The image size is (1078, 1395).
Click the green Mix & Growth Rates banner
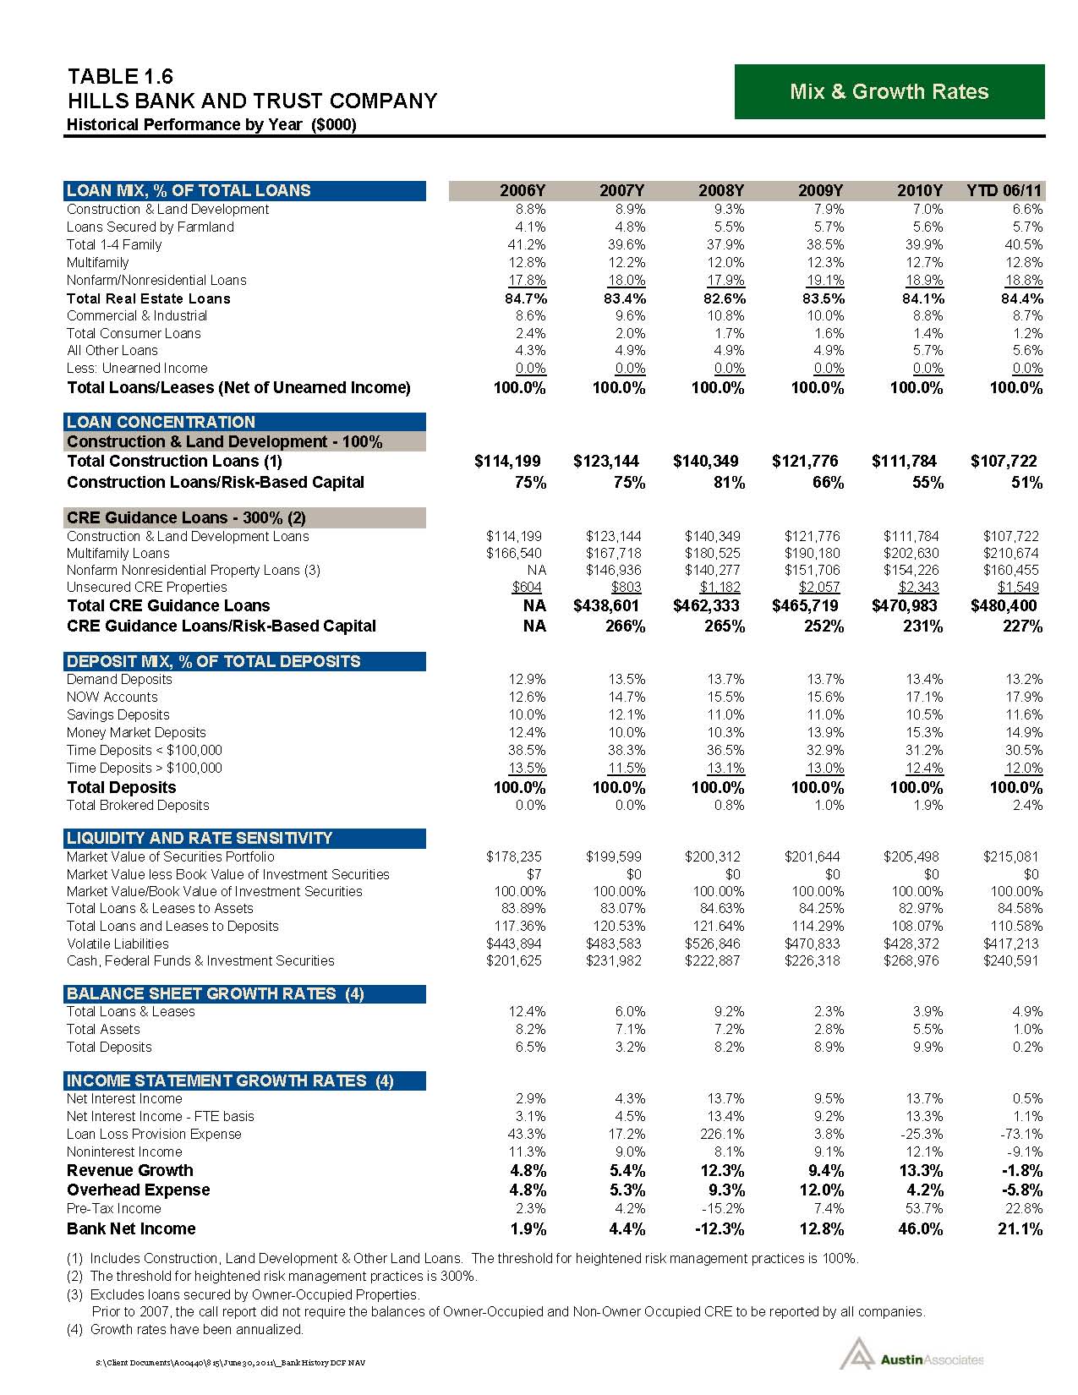click(x=889, y=91)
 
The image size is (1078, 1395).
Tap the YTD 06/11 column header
click(x=1004, y=190)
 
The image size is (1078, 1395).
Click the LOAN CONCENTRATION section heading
click(x=161, y=422)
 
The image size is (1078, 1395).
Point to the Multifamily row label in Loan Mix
click(x=98, y=262)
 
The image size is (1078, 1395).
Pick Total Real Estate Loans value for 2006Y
click(x=520, y=298)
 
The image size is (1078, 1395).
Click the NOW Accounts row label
click(x=112, y=697)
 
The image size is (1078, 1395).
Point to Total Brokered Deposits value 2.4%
click(x=1026, y=805)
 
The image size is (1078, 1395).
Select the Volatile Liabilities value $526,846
click(x=715, y=944)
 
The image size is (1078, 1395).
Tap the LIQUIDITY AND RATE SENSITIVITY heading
click(x=200, y=838)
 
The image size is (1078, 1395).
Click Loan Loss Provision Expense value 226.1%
click(x=723, y=1134)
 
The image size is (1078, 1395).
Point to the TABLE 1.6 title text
click(x=120, y=76)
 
